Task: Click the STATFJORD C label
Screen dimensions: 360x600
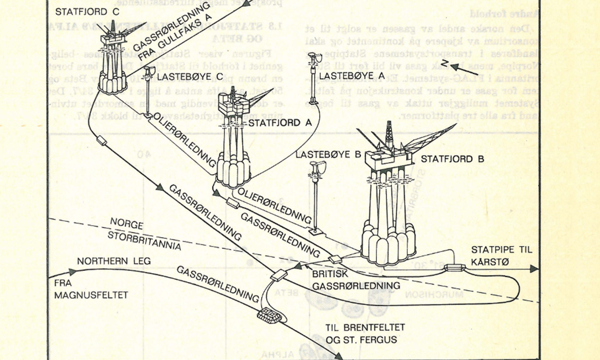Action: click(x=87, y=12)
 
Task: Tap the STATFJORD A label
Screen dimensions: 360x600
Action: click(x=280, y=123)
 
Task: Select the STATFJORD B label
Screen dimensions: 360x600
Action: click(x=452, y=159)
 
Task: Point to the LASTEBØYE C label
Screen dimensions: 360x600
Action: click(x=190, y=77)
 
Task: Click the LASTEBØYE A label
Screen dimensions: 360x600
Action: click(x=352, y=76)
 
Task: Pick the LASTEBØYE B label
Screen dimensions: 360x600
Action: click(x=328, y=154)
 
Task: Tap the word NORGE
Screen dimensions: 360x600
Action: click(x=126, y=223)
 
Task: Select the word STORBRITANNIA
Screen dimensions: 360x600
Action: click(x=144, y=241)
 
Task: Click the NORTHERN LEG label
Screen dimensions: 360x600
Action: click(x=114, y=261)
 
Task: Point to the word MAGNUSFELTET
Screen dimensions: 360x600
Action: click(x=91, y=295)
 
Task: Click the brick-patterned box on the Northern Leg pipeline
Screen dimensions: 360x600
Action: click(x=269, y=316)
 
